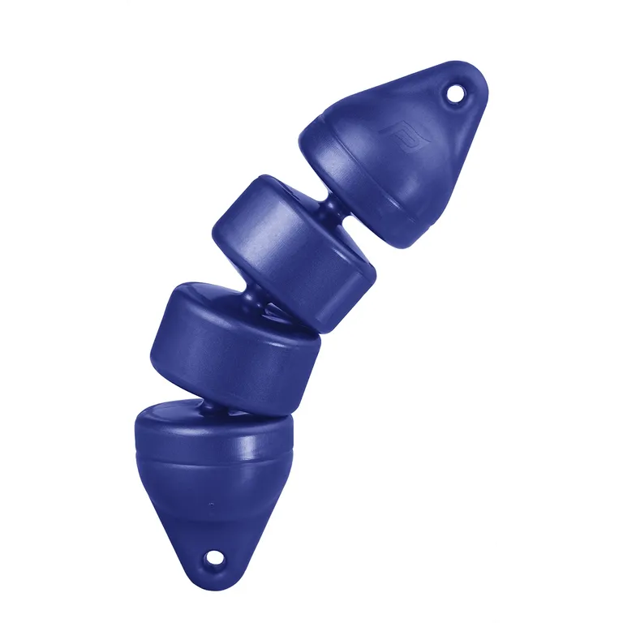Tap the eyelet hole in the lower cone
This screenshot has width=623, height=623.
pyautogui.click(x=214, y=557)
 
